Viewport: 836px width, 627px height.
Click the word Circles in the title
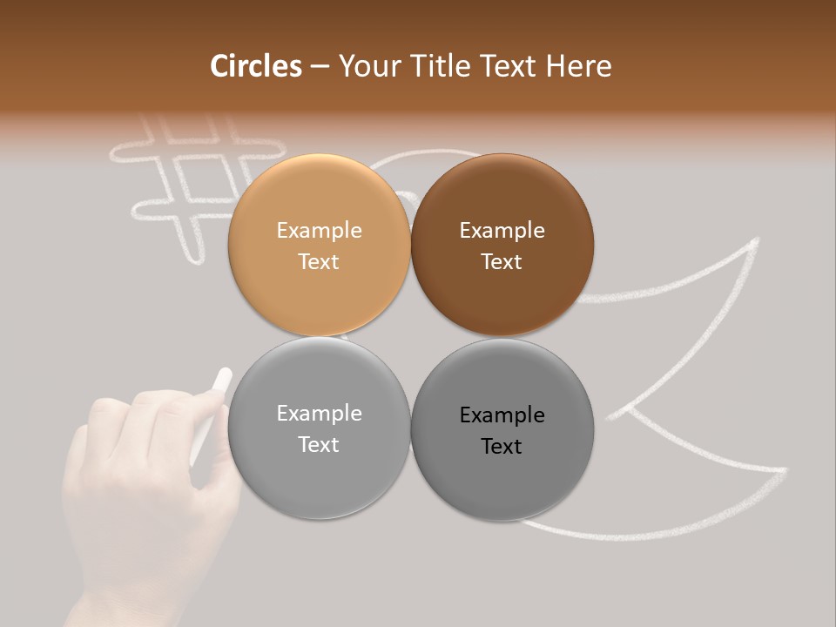[256, 66]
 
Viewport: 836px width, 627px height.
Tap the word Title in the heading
[438, 66]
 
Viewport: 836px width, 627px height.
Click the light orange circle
[319, 245]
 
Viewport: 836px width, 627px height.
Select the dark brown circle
[502, 245]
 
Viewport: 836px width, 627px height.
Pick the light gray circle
[319, 428]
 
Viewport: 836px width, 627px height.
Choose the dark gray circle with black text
[502, 428]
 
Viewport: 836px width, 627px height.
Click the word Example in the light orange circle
[319, 231]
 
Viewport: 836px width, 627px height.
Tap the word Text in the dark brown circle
[502, 261]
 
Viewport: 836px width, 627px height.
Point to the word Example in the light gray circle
[319, 414]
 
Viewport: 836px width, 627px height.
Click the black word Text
[502, 446]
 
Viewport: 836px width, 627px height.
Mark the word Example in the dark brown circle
[502, 231]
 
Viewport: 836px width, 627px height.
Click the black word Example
[502, 415]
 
